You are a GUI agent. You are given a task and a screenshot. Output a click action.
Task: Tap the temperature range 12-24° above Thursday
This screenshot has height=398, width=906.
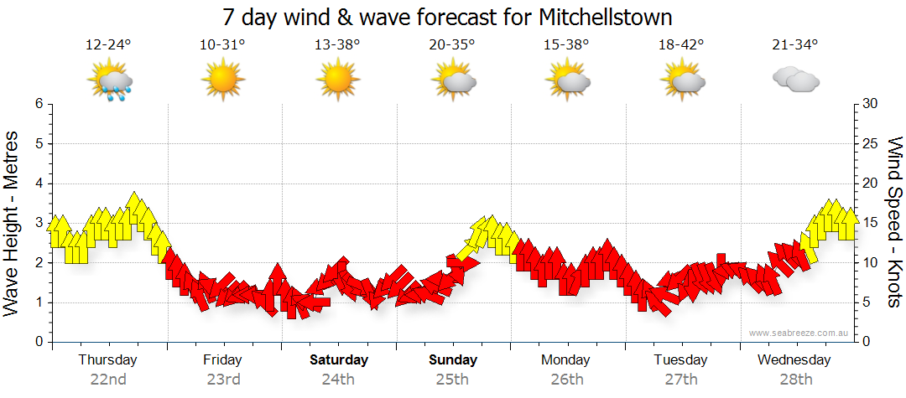point(108,45)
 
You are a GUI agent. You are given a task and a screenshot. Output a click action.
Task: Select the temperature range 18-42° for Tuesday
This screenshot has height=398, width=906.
point(681,45)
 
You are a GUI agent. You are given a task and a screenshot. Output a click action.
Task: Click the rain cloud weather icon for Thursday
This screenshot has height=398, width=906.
point(110,82)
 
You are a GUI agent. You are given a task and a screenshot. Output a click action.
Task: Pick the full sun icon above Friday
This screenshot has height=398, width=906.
point(222,81)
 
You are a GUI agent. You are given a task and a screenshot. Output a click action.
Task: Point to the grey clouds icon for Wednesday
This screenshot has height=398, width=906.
point(795,80)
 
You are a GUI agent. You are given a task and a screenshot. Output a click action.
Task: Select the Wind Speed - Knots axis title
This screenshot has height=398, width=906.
point(894,222)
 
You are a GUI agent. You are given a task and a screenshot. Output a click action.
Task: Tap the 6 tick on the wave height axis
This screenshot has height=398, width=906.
point(39,104)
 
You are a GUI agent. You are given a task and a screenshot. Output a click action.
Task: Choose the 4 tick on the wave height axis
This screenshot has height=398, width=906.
point(39,183)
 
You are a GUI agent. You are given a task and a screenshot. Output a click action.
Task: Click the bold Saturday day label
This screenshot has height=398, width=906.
point(338,360)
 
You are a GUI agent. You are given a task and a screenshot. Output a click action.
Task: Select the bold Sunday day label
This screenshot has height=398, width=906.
point(453,360)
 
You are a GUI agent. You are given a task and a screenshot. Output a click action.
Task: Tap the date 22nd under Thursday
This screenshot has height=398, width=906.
point(108,380)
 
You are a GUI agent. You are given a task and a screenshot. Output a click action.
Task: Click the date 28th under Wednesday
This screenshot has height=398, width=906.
point(796,380)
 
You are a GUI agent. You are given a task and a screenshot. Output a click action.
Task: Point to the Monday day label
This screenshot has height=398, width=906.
point(567,360)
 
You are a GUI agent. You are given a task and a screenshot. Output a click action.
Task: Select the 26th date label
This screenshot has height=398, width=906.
point(567,380)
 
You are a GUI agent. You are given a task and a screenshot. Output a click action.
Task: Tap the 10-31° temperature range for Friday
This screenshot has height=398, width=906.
point(222,45)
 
